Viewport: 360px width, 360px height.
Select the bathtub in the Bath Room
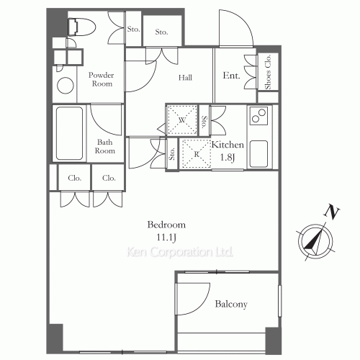(x=70, y=134)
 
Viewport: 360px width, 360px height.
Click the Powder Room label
(x=102, y=79)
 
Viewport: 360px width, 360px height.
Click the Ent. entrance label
(x=231, y=75)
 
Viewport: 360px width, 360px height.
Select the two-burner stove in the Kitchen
(x=258, y=114)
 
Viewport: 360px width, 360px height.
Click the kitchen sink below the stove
(x=258, y=153)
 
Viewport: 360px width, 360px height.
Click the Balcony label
(x=231, y=304)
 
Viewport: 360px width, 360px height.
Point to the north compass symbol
(x=315, y=241)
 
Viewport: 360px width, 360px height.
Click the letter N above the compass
(x=332, y=212)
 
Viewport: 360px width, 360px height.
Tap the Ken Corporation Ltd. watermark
(x=180, y=253)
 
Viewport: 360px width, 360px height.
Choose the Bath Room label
(x=106, y=146)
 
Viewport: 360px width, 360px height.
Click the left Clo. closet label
(x=75, y=178)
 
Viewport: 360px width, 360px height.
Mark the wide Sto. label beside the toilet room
(x=161, y=32)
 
